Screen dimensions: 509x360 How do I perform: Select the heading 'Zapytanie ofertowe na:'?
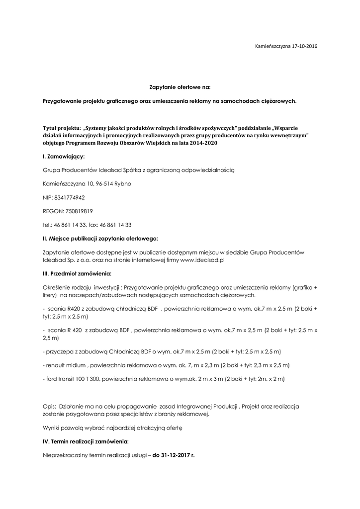[180, 87]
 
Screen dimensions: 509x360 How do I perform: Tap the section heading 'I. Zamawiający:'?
[64, 156]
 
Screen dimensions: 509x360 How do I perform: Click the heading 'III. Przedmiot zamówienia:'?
[77, 274]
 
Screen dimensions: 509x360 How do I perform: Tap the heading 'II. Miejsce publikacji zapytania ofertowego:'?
[100, 239]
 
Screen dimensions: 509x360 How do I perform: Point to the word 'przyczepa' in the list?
[58, 351]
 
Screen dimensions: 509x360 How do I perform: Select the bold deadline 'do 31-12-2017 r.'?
[174, 454]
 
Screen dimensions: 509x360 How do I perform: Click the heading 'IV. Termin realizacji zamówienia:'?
[86, 441]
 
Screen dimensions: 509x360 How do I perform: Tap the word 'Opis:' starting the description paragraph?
[50, 406]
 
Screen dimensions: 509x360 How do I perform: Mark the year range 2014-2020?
[201, 143]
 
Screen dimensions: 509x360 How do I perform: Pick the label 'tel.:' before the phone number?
[48, 225]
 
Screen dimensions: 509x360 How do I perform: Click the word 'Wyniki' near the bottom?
[52, 427]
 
